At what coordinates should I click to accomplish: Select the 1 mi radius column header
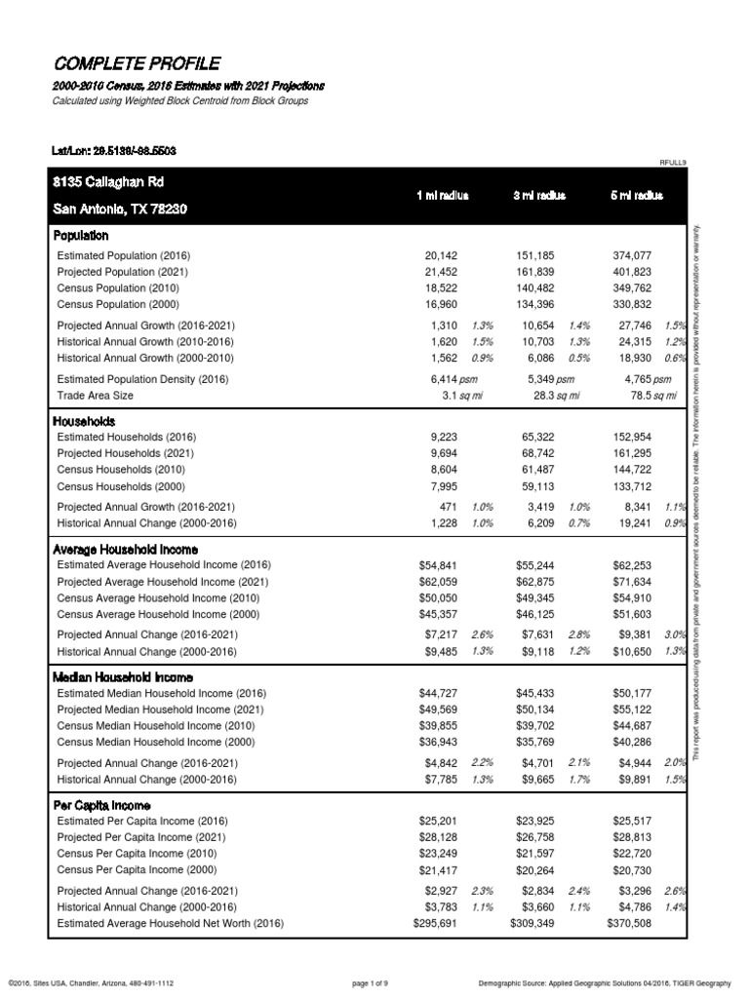point(442,196)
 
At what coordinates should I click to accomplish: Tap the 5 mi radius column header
point(637,196)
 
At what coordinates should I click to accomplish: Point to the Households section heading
point(85,421)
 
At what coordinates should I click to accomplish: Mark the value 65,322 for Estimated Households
point(534,437)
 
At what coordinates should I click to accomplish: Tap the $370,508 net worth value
point(628,923)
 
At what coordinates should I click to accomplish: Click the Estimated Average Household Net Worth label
point(171,923)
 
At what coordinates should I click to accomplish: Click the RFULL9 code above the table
point(674,162)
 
